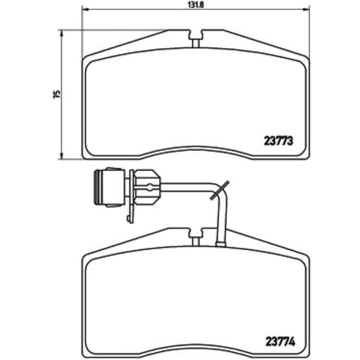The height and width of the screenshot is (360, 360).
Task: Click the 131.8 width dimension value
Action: tap(196, 5)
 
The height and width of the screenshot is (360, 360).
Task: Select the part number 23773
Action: tap(278, 141)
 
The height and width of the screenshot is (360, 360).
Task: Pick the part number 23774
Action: tap(280, 342)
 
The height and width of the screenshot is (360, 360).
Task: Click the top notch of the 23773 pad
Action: tap(196, 38)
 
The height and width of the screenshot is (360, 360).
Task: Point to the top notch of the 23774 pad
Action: tap(196, 236)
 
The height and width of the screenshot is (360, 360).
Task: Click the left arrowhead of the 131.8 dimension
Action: tap(85, 10)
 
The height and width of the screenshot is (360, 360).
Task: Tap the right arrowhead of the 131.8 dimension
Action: tap(306, 10)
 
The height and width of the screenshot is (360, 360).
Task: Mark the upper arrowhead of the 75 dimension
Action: tap(61, 33)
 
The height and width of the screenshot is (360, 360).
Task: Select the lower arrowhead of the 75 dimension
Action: tap(61, 155)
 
